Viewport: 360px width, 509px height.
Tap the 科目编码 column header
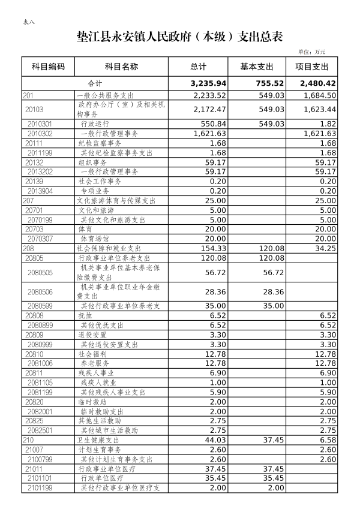pos(48,67)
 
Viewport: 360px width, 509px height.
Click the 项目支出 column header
pos(312,67)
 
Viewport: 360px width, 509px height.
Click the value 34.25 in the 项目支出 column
pos(325,248)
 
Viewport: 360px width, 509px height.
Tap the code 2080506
pos(40,292)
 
